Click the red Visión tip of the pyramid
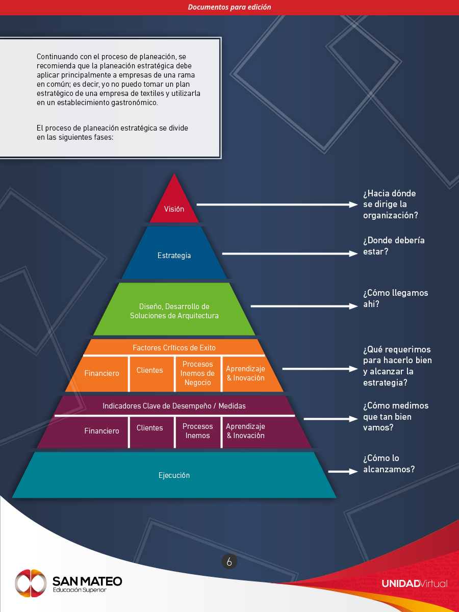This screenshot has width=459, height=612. point(174,204)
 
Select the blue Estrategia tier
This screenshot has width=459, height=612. point(174,255)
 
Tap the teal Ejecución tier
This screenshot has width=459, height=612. point(174,475)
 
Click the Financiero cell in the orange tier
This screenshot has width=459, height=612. point(101,373)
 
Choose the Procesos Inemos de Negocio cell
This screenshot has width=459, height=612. point(198,373)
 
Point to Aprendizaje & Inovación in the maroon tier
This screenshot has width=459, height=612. point(245,431)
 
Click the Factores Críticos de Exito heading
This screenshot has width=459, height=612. point(174,348)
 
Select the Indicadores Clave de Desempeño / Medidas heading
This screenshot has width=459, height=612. point(174,406)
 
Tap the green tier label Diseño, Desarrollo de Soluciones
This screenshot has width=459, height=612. point(174,311)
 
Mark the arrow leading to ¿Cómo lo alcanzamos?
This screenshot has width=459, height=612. point(343,472)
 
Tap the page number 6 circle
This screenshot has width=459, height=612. point(229,562)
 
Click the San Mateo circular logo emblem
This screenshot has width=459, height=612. point(31,583)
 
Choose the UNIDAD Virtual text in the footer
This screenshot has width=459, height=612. point(414,583)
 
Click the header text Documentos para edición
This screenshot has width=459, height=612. point(229,7)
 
